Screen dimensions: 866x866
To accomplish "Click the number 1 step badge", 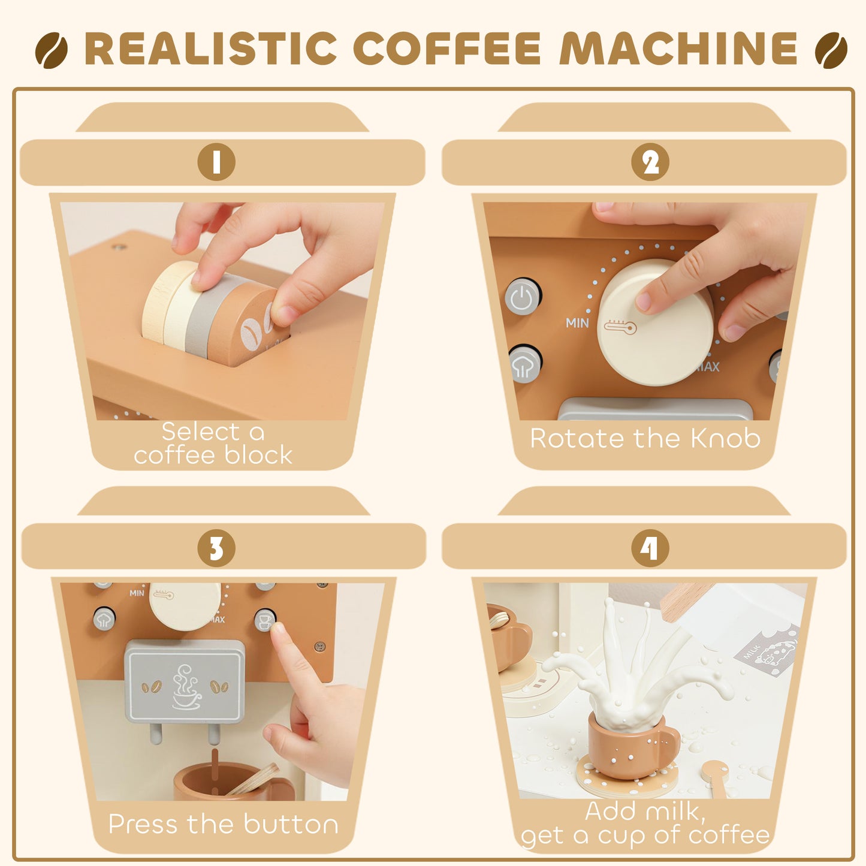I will [x=216, y=162].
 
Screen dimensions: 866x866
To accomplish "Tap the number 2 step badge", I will [x=650, y=162].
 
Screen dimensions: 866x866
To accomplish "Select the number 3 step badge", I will [x=216, y=548].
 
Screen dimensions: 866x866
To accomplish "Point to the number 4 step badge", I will [x=650, y=548].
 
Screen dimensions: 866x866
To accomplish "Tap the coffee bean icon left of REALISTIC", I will [x=52, y=50].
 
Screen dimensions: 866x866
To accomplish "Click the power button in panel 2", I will [x=522, y=297].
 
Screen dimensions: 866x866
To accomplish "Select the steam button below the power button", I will [x=524, y=364].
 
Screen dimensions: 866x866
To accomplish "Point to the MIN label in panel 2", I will [x=577, y=323].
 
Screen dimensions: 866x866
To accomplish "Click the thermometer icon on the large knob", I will [x=620, y=327].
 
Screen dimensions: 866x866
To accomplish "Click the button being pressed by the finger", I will [x=264, y=620].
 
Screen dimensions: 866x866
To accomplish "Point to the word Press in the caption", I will [x=144, y=824].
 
